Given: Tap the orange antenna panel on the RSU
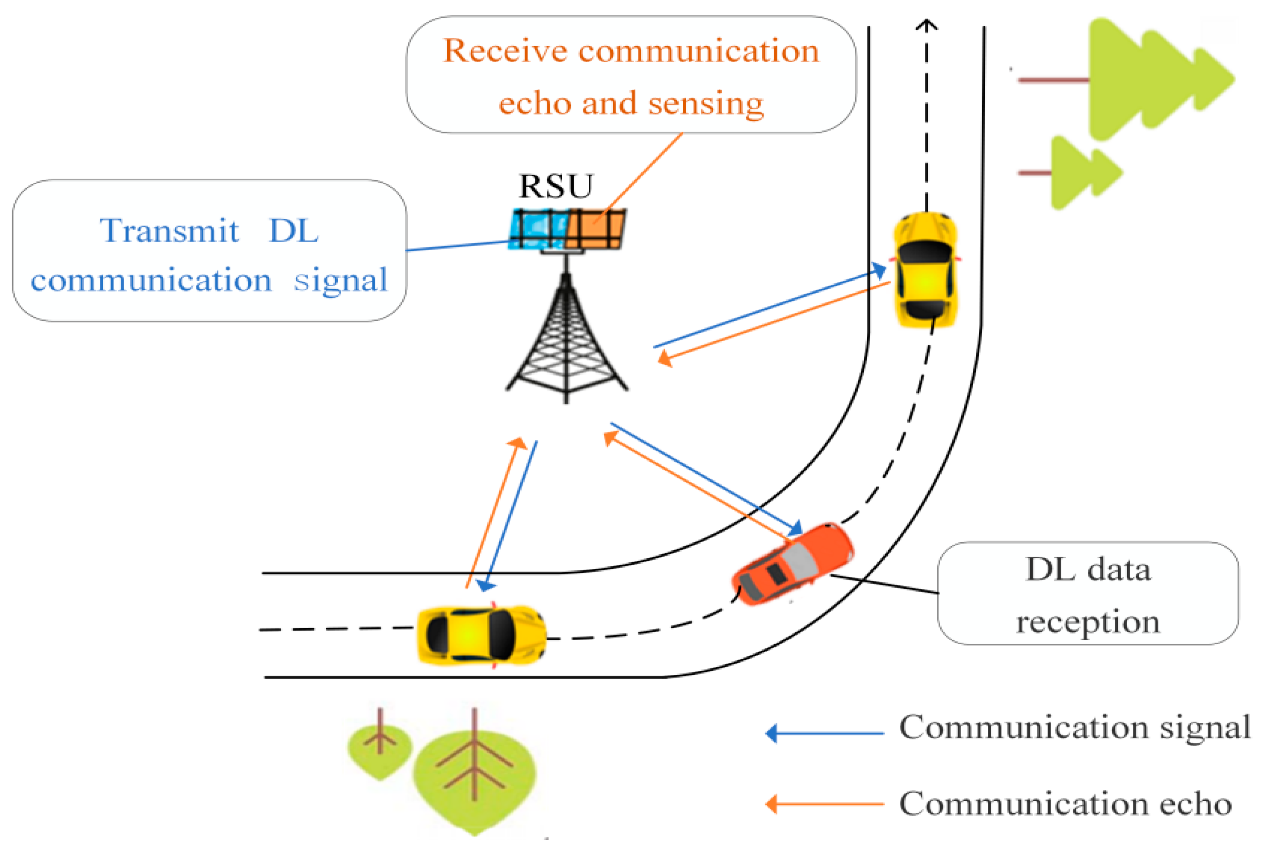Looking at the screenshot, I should [x=595, y=229].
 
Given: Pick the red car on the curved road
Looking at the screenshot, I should [x=792, y=563].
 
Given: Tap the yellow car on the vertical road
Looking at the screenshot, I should [x=926, y=270].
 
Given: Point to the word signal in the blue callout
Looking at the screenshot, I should [x=340, y=280].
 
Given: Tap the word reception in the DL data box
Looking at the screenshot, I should [x=1088, y=621].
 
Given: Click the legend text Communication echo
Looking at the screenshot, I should [x=1065, y=804].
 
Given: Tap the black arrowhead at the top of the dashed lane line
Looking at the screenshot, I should [x=926, y=24].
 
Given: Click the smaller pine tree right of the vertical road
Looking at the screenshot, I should [x=1081, y=173].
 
